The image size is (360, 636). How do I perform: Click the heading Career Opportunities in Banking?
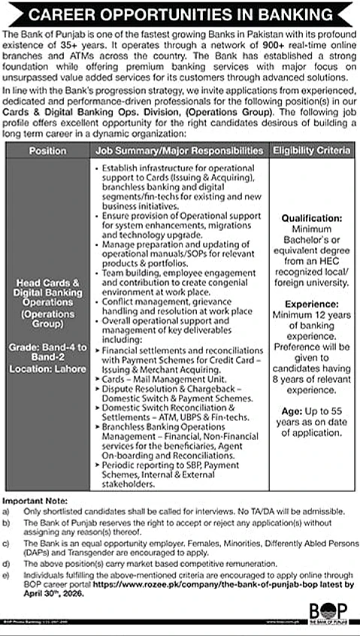pyautogui.click(x=180, y=15)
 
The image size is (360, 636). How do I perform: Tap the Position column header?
pyautogui.click(x=47, y=151)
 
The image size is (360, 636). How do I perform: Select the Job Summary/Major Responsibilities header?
pyautogui.click(x=179, y=151)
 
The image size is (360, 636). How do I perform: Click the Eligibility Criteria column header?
pyautogui.click(x=312, y=151)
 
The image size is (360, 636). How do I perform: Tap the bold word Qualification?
pyautogui.click(x=312, y=218)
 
